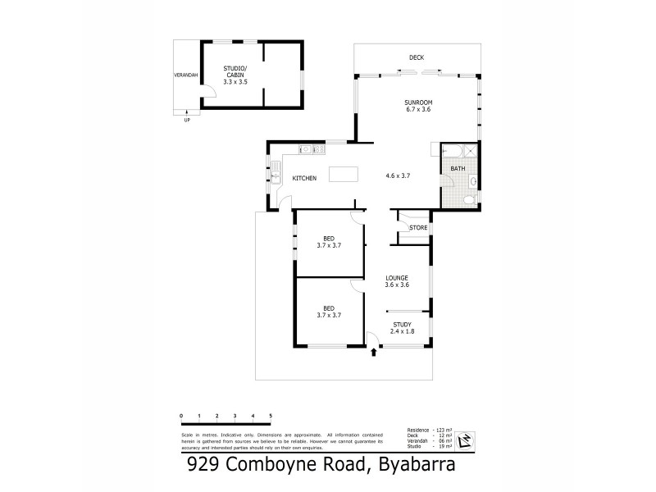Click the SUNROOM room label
pyautogui.click(x=417, y=102)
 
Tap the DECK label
pyautogui.click(x=417, y=57)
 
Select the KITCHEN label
pyautogui.click(x=305, y=179)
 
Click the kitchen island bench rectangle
pyautogui.click(x=344, y=175)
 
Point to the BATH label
pyautogui.click(x=458, y=169)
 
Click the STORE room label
pyautogui.click(x=418, y=227)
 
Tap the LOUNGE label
pyautogui.click(x=398, y=278)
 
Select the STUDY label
pyautogui.click(x=402, y=325)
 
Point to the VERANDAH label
pyautogui.click(x=186, y=75)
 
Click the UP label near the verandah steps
pyautogui.click(x=187, y=120)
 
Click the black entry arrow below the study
pyautogui.click(x=375, y=353)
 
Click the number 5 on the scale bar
pyautogui.click(x=271, y=417)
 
